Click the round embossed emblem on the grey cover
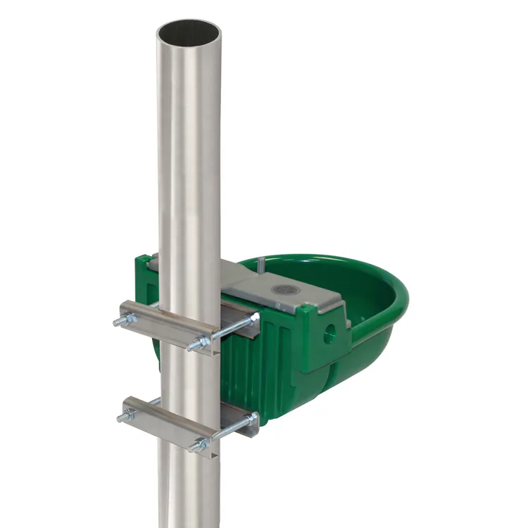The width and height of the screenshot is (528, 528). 286,289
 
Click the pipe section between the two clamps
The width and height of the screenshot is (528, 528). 189,373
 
